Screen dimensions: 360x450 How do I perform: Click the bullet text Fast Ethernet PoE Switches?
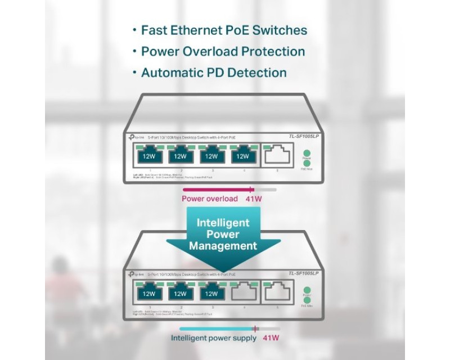pyautogui.click(x=224, y=30)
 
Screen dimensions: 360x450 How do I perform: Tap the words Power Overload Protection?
pyautogui.click(x=223, y=51)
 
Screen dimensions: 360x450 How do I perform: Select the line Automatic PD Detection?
pyautogui.click(x=214, y=73)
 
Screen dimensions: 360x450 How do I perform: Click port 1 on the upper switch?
pyautogui.click(x=150, y=155)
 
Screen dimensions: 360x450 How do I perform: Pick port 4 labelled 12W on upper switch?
pyautogui.click(x=242, y=155)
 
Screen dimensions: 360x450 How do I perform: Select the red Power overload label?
pyautogui.click(x=210, y=199)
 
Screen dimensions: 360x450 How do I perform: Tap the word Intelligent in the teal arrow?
pyautogui.click(x=223, y=222)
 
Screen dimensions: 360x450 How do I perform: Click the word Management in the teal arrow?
pyautogui.click(x=223, y=246)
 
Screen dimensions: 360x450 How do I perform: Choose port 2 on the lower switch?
pyautogui.click(x=180, y=293)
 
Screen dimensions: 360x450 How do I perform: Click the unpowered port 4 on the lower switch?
pyautogui.click(x=242, y=292)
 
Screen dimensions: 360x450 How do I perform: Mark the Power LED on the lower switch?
pyautogui.click(x=307, y=290)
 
